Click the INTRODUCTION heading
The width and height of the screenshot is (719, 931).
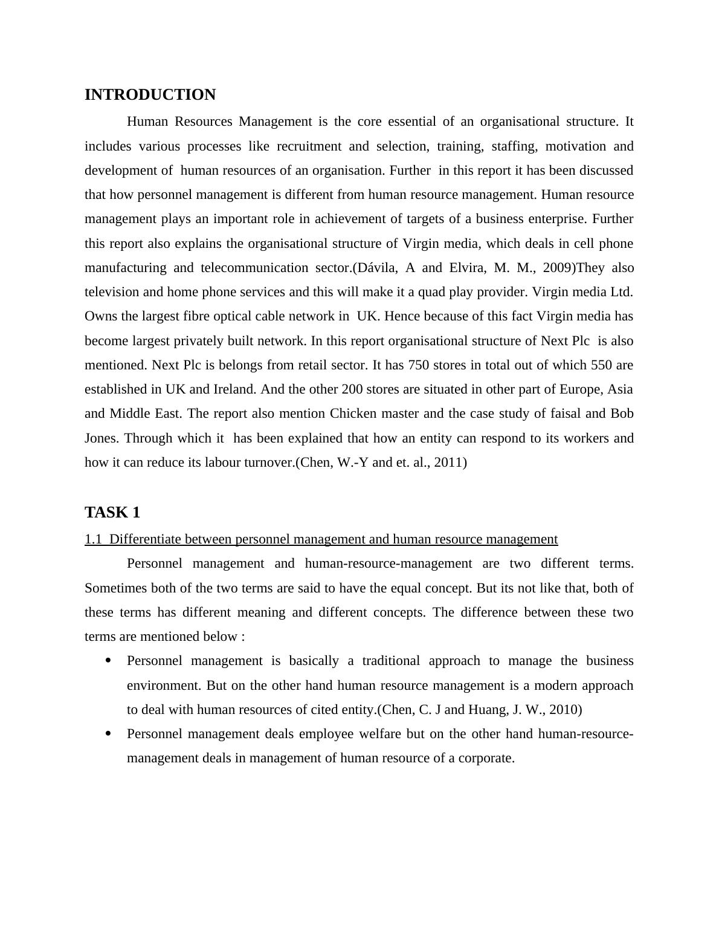pyautogui.click(x=150, y=95)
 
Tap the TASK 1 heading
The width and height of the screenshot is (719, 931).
pyautogui.click(x=112, y=513)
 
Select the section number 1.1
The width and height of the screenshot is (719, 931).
pyautogui.click(x=93, y=539)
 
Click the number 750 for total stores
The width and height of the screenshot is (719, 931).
pyautogui.click(x=419, y=365)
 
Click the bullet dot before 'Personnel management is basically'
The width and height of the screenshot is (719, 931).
pyautogui.click(x=109, y=661)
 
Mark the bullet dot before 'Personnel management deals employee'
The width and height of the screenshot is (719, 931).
pyautogui.click(x=109, y=734)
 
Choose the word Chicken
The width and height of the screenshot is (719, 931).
pyautogui.click(x=352, y=414)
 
